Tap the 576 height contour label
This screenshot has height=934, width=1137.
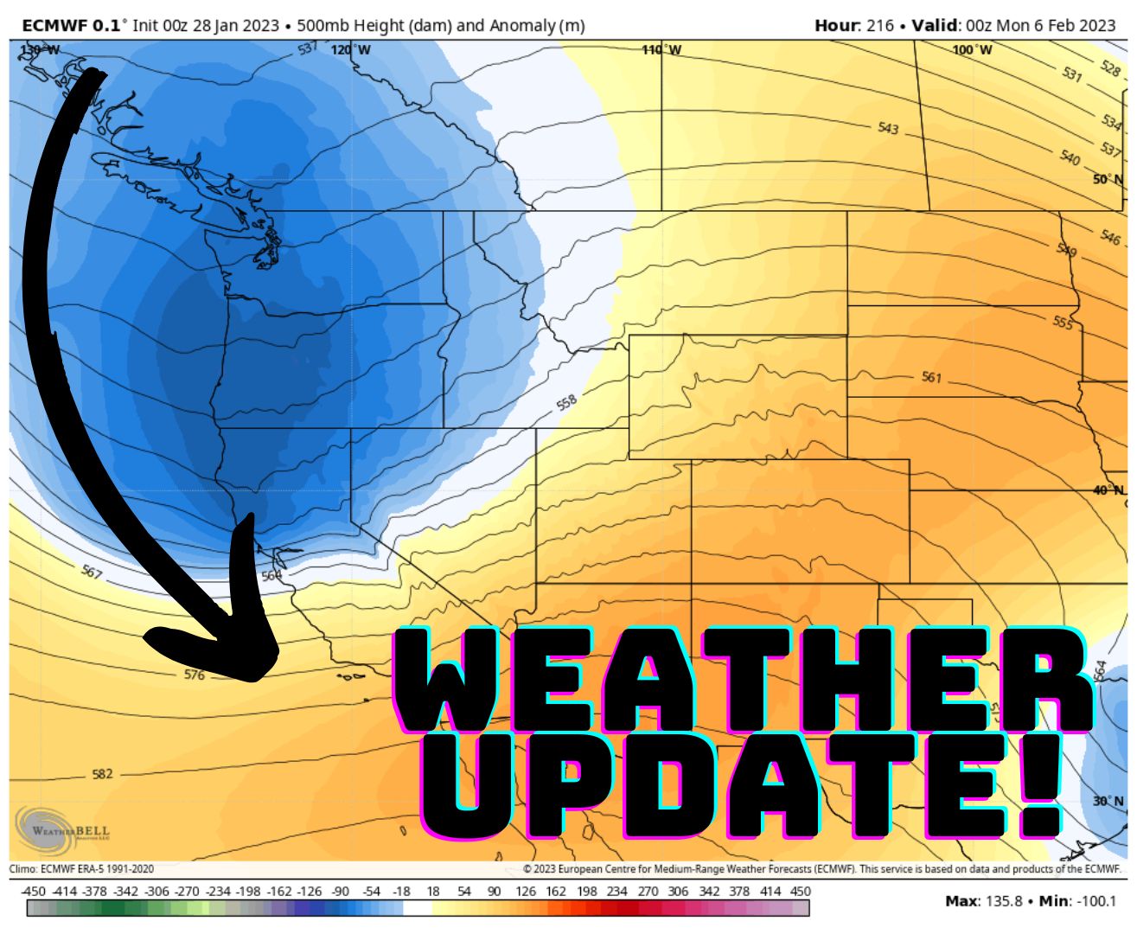pos(195,675)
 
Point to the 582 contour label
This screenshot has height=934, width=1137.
pos(102,774)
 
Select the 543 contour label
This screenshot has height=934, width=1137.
pos(888,128)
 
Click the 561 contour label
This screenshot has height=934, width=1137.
pos(931,378)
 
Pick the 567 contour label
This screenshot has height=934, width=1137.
pos(92,572)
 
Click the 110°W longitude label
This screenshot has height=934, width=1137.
pos(661,50)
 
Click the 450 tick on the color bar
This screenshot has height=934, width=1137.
pos(801,892)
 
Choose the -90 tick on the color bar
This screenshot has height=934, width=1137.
pos(340,892)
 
